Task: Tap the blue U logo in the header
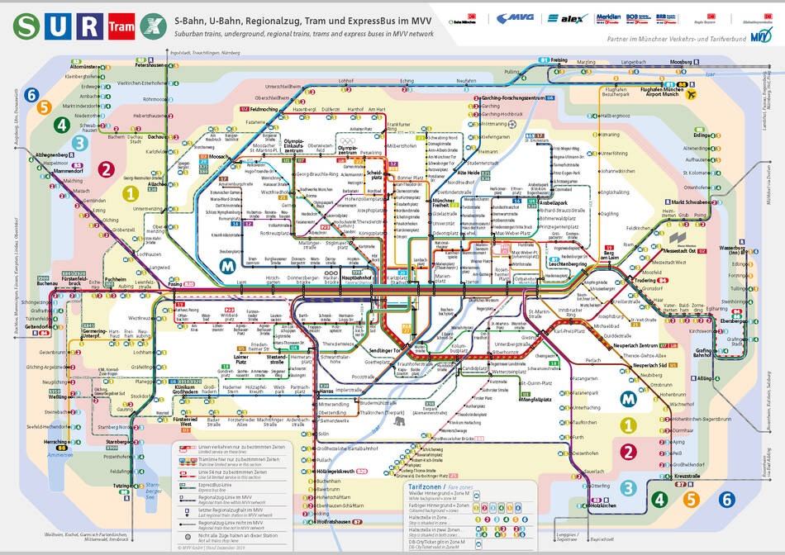pos(55,26)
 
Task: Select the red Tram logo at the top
pos(117,26)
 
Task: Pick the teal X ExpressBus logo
pos(150,26)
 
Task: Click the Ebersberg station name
pos(736,320)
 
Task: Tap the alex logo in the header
pos(569,18)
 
